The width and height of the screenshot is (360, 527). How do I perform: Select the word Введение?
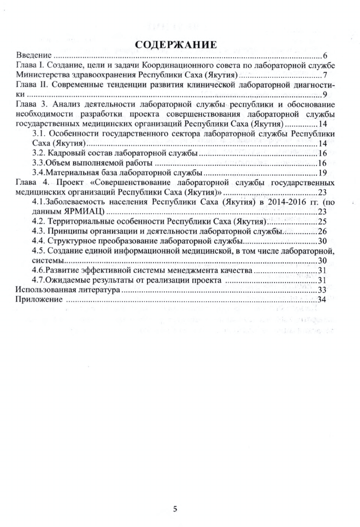tap(34, 55)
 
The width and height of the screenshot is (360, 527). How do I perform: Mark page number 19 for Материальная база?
tap(322, 173)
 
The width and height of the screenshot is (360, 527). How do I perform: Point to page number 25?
tap(322, 221)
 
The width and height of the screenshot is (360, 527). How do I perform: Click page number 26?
tap(322, 231)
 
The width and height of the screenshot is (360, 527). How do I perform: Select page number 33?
tap(322, 290)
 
